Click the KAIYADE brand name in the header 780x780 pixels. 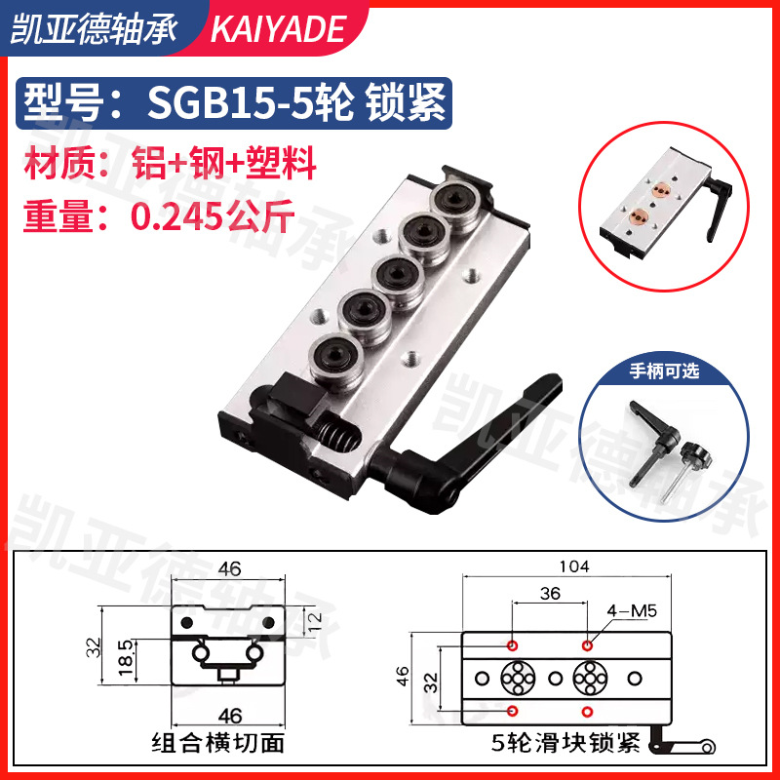tap(278, 29)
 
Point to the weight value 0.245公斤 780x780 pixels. tap(211, 214)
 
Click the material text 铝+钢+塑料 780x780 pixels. tap(234, 163)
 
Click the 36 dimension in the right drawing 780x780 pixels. tap(550, 593)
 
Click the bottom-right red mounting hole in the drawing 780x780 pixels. tap(588, 709)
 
